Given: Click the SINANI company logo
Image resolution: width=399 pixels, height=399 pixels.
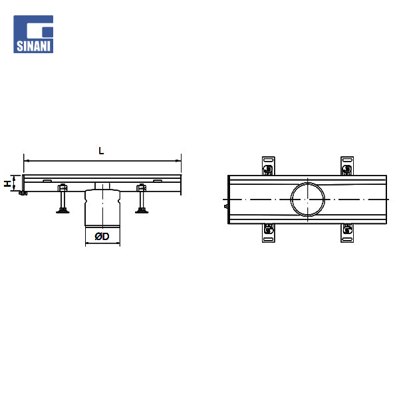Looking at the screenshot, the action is click(x=33, y=34).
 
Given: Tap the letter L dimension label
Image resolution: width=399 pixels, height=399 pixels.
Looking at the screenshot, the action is click(x=101, y=151).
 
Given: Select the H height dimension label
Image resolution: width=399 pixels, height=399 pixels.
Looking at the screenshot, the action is click(x=7, y=184).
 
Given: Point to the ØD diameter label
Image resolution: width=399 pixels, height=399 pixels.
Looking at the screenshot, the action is click(x=102, y=236).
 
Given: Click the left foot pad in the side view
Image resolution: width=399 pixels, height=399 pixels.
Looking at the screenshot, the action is click(x=63, y=210).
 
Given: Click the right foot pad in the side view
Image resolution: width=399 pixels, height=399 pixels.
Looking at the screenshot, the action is click(x=142, y=210).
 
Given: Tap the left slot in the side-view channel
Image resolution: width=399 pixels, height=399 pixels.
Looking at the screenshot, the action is click(x=47, y=181).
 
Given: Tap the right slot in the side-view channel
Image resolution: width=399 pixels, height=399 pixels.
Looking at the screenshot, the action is click(x=158, y=181).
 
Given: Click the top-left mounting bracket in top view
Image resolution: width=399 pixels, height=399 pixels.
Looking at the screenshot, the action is click(x=269, y=166).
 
